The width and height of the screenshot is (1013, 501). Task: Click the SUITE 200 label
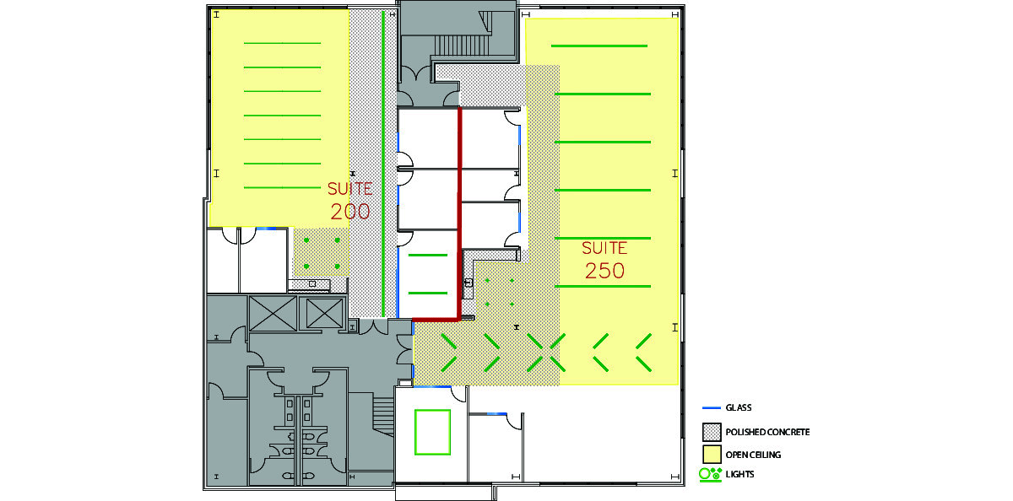tap(350, 200)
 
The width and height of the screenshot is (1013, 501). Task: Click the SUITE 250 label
tap(604, 260)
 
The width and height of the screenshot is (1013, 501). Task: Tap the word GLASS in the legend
tap(739, 407)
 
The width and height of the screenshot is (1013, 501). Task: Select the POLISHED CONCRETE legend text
tap(767, 432)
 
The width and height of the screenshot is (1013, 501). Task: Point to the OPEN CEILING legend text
tap(753, 455)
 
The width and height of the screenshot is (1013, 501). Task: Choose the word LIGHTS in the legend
tap(739, 474)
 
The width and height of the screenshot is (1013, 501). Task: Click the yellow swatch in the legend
tap(712, 455)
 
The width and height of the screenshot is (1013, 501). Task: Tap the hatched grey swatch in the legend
tap(712, 432)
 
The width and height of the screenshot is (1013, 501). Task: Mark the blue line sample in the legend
tap(712, 408)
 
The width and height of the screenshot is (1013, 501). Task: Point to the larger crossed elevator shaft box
tap(273, 314)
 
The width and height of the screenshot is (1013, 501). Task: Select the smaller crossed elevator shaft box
tap(324, 313)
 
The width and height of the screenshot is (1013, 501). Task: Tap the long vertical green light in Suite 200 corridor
tap(383, 164)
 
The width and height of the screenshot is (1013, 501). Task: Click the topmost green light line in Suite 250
tap(599, 46)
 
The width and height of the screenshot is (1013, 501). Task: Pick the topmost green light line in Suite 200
tap(282, 43)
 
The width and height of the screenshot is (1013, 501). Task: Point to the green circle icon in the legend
tap(704, 474)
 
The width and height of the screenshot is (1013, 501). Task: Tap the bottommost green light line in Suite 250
tap(603, 287)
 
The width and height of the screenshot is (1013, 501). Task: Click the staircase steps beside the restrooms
tap(383, 416)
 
